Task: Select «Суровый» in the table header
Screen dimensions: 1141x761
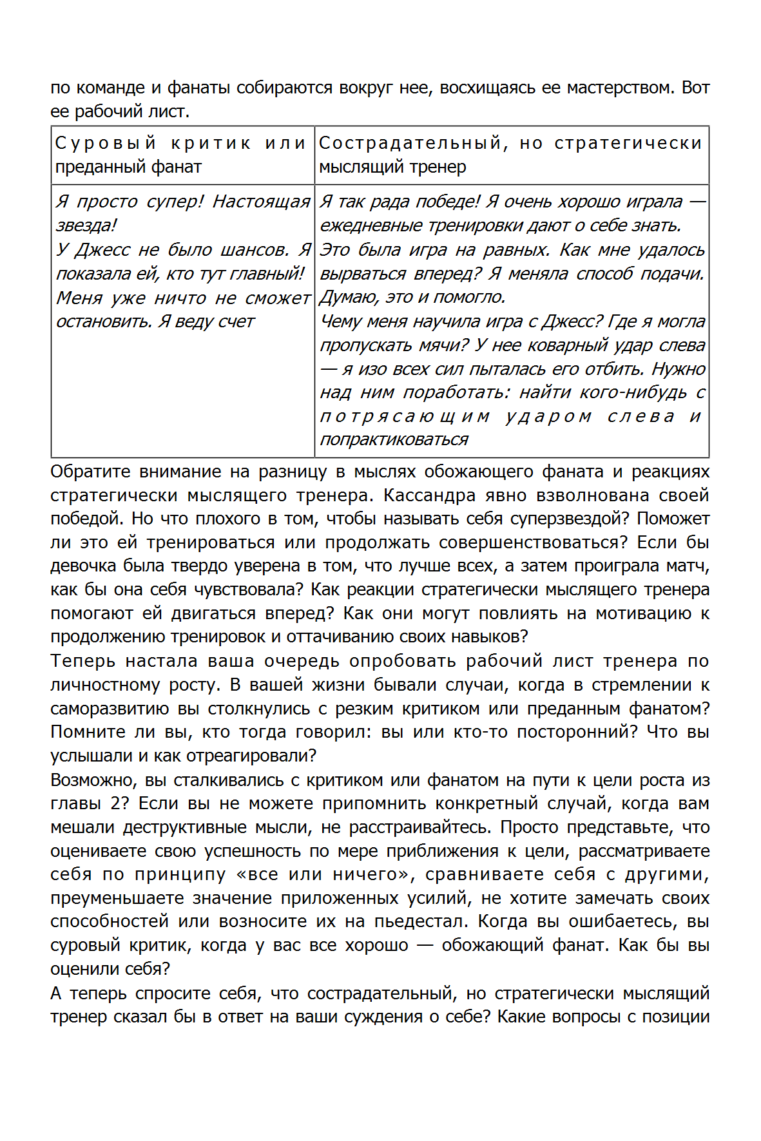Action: [106, 143]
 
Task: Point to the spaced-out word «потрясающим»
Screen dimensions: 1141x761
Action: [405, 417]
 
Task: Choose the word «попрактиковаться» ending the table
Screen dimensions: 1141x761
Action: [394, 440]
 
